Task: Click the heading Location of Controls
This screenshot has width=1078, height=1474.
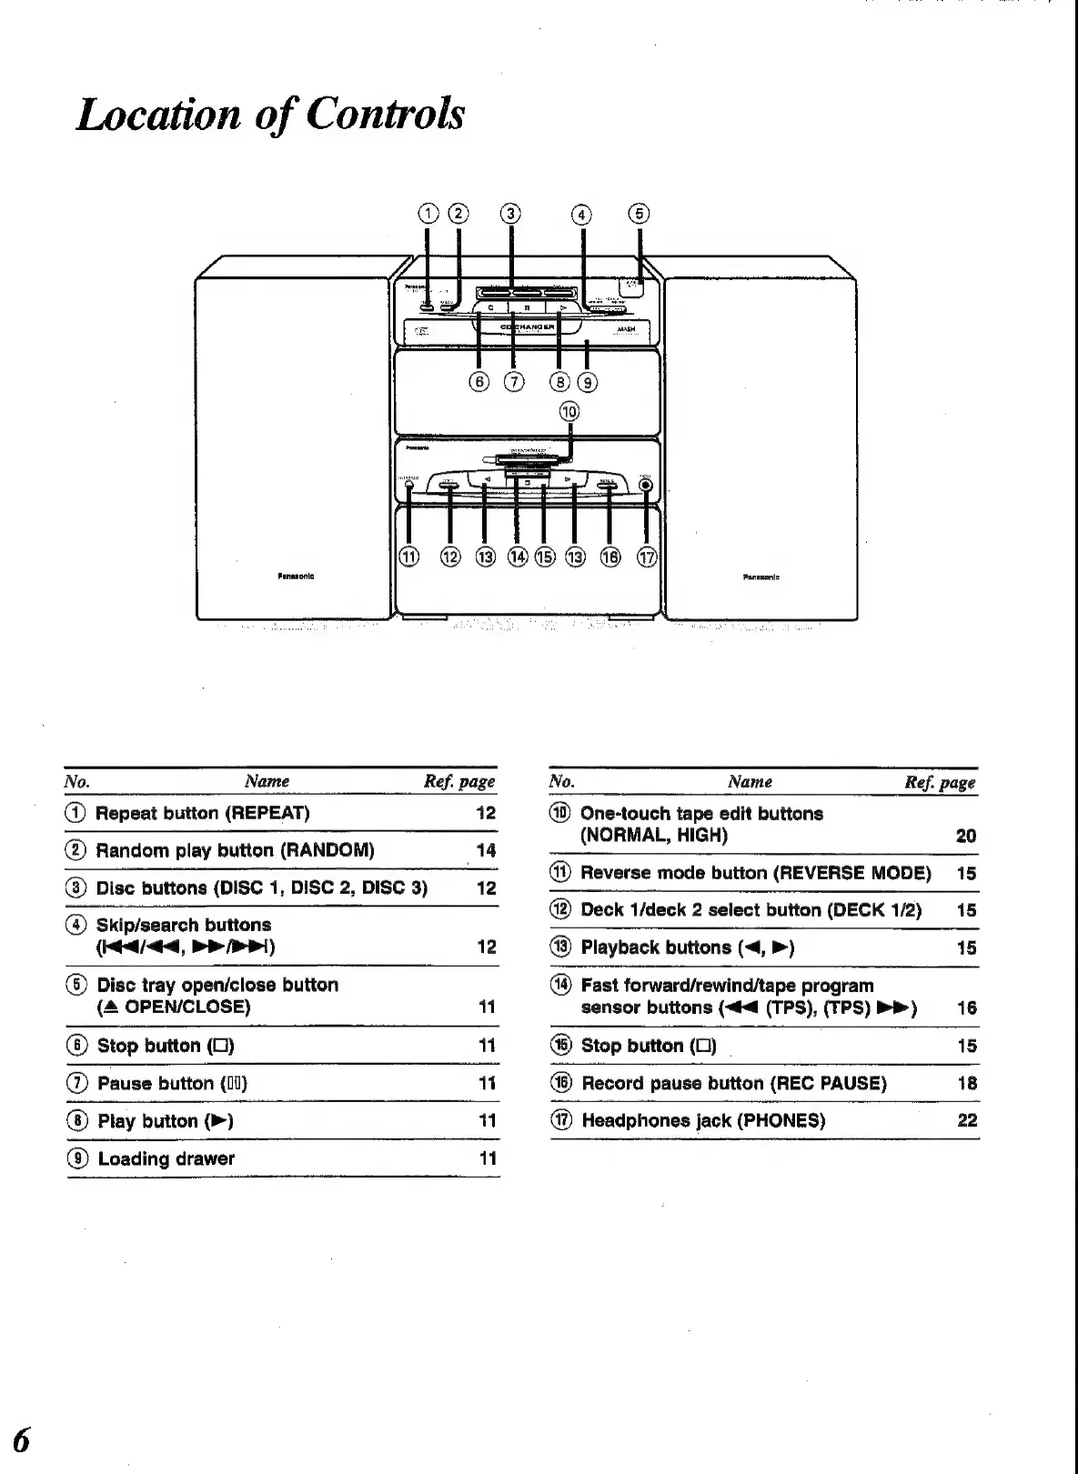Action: [x=270, y=115]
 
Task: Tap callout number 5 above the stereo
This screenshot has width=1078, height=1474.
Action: [x=640, y=214]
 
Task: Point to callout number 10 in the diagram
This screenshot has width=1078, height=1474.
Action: [x=569, y=411]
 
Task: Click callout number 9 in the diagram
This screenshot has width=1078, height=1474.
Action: [x=589, y=382]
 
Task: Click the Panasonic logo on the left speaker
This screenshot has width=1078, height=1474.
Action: [x=296, y=577]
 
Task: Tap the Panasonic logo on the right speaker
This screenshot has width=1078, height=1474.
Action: [x=761, y=577]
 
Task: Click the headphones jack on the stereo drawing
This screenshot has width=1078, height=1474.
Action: [x=646, y=485]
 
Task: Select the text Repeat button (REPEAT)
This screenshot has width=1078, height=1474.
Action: [x=203, y=813]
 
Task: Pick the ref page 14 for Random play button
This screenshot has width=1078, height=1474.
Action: [x=486, y=850]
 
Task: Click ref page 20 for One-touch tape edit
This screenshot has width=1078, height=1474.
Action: [x=966, y=836]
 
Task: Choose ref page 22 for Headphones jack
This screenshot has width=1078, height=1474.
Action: [x=967, y=1120]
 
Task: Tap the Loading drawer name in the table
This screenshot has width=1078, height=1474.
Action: [x=166, y=1158]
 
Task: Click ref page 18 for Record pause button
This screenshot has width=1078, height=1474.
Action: [x=967, y=1083]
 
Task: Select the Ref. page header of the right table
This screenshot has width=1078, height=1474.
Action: [x=940, y=782]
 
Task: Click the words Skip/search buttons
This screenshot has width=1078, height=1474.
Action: [x=184, y=925]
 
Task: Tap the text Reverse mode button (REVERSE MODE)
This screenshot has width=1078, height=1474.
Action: [x=756, y=873]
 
